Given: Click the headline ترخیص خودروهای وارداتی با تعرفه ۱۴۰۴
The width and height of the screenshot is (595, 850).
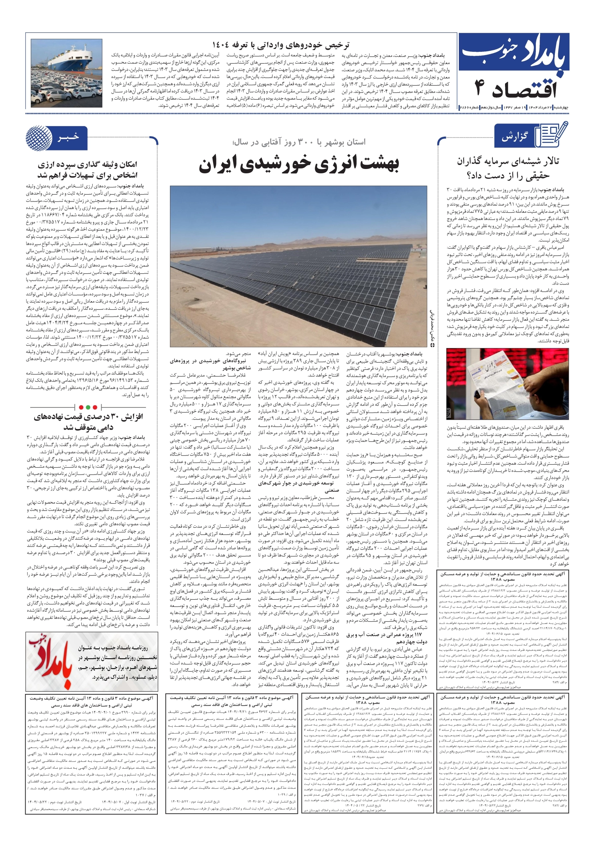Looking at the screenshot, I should (280, 45).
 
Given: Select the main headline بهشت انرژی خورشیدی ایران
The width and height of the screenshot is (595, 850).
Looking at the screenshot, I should (298, 165).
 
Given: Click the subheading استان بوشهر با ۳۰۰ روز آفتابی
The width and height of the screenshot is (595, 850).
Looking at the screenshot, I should (298, 142).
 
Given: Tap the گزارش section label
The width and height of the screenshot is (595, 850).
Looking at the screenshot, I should (514, 137).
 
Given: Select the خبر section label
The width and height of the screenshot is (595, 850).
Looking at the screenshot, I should (68, 137).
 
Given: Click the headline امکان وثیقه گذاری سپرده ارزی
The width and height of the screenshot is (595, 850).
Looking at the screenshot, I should (87, 170).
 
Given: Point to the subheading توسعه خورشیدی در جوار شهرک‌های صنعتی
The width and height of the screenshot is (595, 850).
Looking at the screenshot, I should (296, 486).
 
